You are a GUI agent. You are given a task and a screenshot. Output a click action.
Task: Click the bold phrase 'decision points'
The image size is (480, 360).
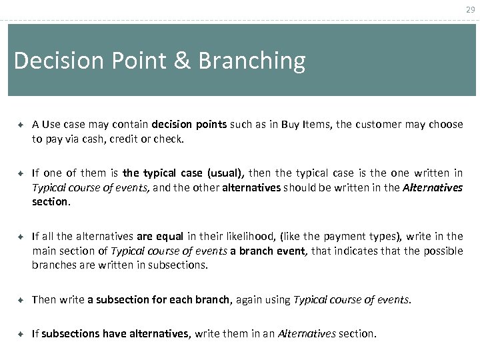189,125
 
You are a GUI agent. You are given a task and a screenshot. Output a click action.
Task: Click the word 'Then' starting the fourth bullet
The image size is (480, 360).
44,300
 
